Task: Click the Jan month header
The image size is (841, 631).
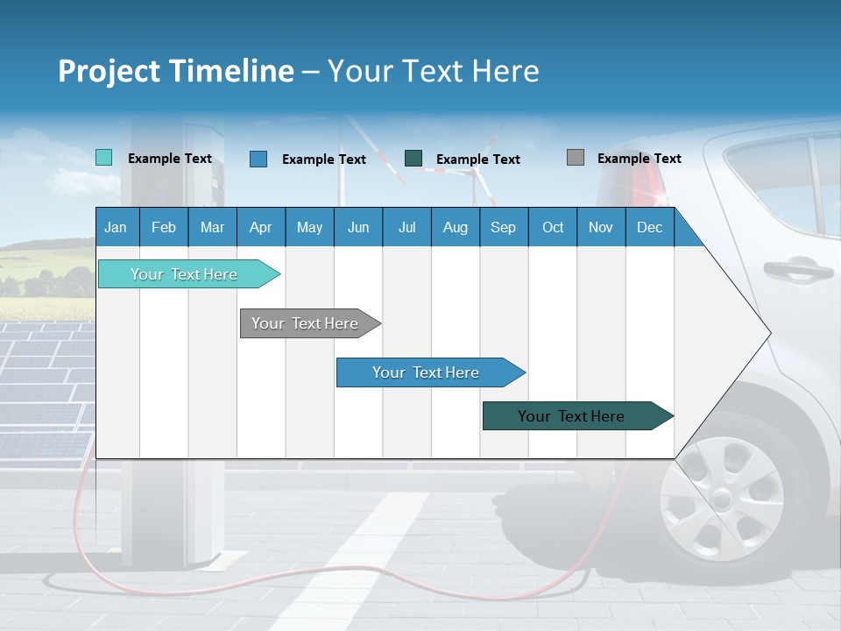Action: click(117, 227)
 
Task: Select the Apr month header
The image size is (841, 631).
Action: click(261, 227)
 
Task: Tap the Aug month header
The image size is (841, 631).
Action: click(456, 227)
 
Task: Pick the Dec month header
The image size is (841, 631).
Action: click(650, 227)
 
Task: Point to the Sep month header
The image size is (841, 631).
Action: click(504, 227)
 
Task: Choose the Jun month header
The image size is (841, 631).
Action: click(358, 227)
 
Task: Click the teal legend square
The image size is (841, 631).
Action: click(103, 158)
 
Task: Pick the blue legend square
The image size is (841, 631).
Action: click(258, 159)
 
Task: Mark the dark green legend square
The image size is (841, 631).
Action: click(413, 158)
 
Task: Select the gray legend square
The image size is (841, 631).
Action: click(576, 158)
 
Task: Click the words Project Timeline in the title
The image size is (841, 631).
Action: click(176, 71)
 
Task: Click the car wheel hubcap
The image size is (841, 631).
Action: click(720, 500)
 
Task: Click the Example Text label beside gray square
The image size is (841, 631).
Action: click(639, 159)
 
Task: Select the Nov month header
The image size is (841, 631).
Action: click(601, 227)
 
